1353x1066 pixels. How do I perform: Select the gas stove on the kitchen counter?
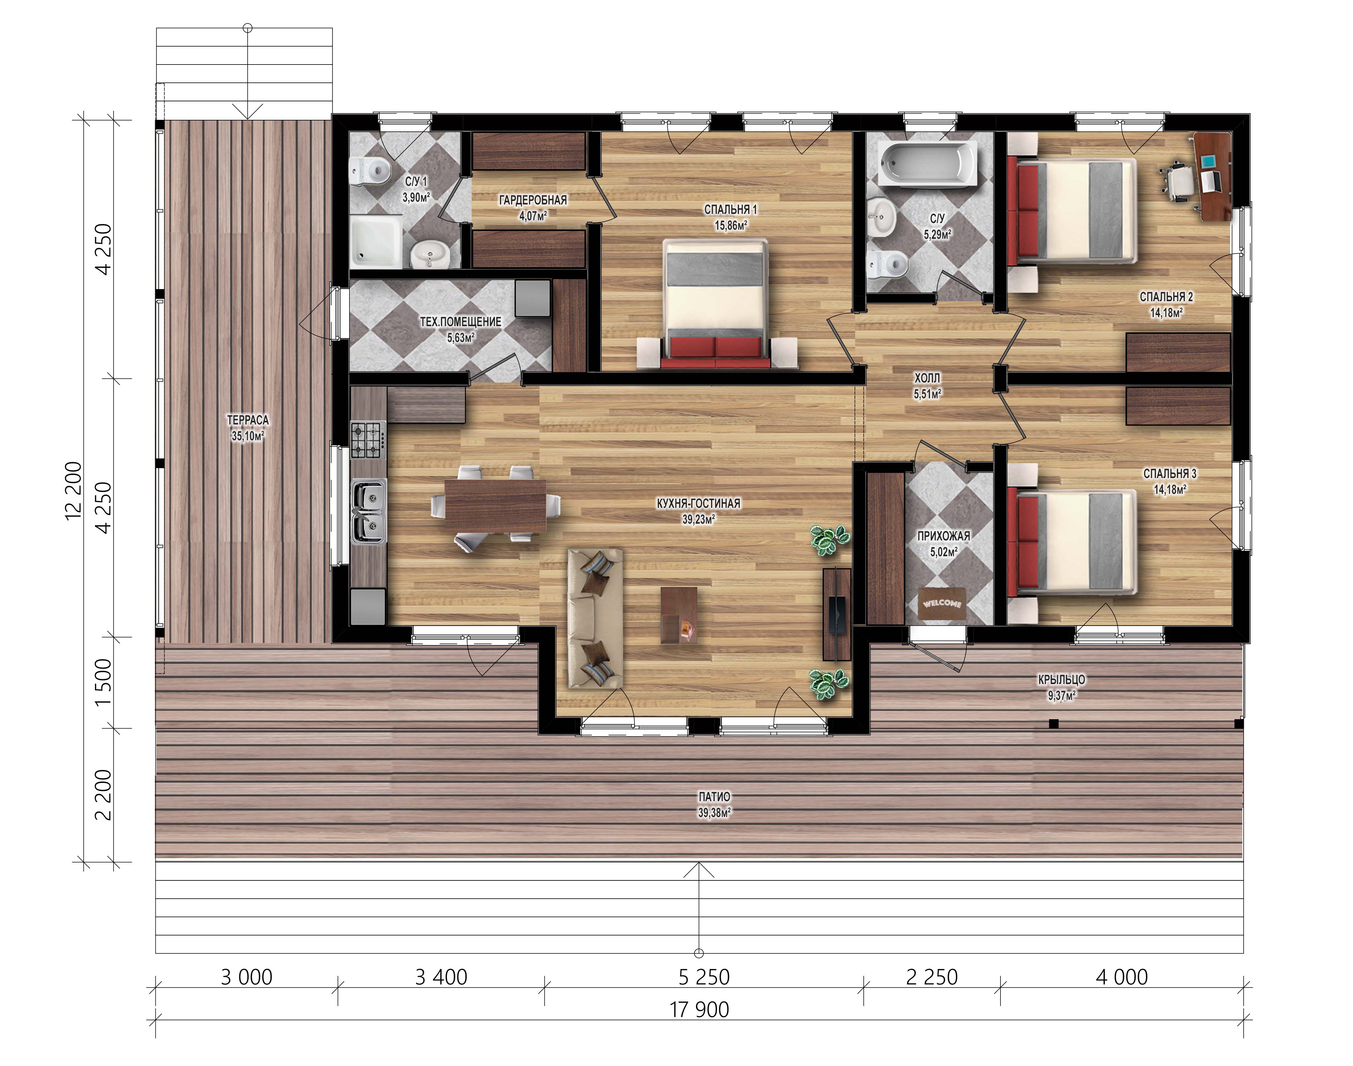[x=367, y=440]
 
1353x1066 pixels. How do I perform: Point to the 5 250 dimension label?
[x=704, y=977]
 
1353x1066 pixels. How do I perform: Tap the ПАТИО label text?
[x=714, y=796]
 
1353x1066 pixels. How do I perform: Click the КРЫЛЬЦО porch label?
[x=1062, y=679]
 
